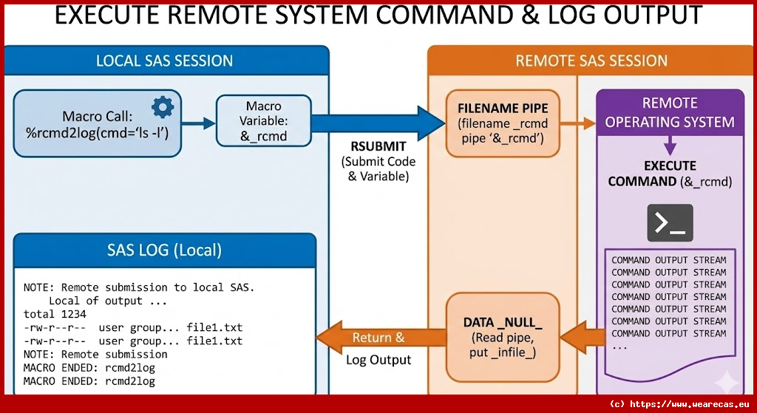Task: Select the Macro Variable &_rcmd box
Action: tap(263, 122)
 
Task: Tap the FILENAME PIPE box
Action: tap(503, 123)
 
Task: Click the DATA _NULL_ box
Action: tap(503, 338)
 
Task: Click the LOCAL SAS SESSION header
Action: tap(164, 61)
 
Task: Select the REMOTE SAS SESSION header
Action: tap(591, 61)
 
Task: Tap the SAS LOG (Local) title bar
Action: tap(164, 250)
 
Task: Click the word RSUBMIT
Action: tap(378, 147)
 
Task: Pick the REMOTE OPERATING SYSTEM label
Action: tap(670, 112)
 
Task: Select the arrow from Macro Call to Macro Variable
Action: tap(198, 124)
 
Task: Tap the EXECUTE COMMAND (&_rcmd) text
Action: tap(670, 174)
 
